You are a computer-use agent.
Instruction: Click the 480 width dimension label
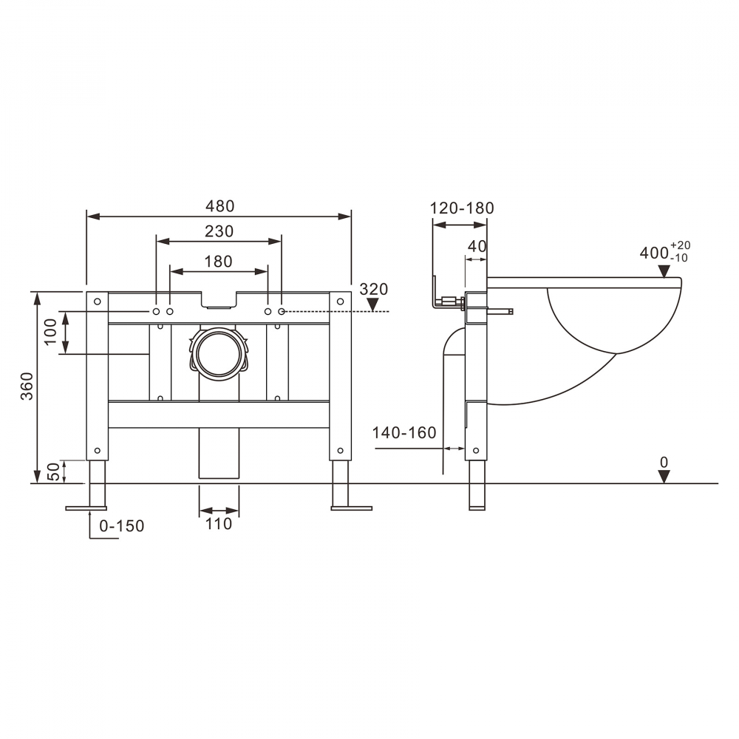point(219,206)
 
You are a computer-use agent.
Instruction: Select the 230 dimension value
point(219,231)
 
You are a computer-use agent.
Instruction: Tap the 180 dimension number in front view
point(219,261)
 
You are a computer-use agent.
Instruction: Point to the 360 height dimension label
point(27,386)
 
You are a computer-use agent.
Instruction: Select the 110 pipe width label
point(219,524)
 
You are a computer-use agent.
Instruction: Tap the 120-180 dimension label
point(463,208)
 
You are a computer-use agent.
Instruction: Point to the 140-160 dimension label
point(404,433)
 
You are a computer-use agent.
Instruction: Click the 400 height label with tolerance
point(664,252)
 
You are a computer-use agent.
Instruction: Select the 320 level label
point(373,289)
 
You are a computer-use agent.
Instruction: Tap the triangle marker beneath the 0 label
point(664,477)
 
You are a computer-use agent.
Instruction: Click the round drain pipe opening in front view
point(219,354)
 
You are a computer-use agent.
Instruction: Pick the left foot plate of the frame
point(86,508)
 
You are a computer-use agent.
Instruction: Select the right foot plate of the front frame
point(351,508)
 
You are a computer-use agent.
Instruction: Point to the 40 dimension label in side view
point(477,246)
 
